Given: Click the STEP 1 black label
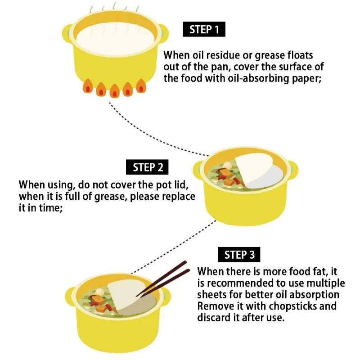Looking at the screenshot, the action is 204,29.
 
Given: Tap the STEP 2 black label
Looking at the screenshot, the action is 147,167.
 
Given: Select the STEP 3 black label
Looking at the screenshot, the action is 239,254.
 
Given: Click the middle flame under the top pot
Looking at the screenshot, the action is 114,90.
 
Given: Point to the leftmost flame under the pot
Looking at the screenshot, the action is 87,86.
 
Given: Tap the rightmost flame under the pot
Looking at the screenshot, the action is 141,86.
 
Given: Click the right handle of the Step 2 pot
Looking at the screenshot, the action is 293,171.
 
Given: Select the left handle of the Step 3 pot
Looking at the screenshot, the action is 70,297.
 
